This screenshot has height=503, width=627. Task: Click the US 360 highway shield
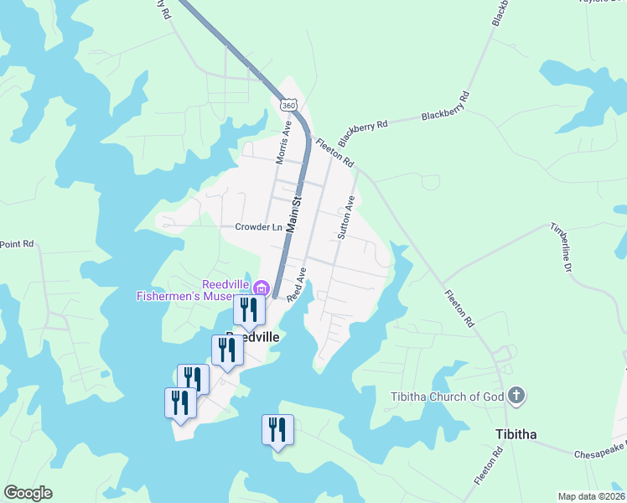click(288, 105)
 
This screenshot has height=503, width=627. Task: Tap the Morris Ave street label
click(283, 143)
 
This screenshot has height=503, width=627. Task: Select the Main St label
click(293, 215)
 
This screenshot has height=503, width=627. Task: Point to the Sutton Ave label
click(345, 218)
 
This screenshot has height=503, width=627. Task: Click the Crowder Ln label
click(258, 227)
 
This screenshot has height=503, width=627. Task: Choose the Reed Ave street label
click(296, 285)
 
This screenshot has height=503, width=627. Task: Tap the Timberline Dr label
click(561, 246)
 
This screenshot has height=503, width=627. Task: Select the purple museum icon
click(262, 289)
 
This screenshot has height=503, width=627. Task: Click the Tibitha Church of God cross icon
click(516, 395)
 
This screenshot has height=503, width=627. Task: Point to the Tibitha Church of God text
click(447, 397)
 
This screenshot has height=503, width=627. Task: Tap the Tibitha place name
click(513, 434)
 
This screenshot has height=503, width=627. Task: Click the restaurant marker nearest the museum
click(249, 309)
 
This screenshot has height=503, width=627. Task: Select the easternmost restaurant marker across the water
click(277, 430)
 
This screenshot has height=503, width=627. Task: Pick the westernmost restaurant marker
click(180, 402)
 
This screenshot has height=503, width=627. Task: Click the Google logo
click(28, 493)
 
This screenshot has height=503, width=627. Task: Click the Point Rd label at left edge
click(16, 244)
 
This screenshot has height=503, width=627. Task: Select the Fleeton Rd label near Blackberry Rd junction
click(334, 151)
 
